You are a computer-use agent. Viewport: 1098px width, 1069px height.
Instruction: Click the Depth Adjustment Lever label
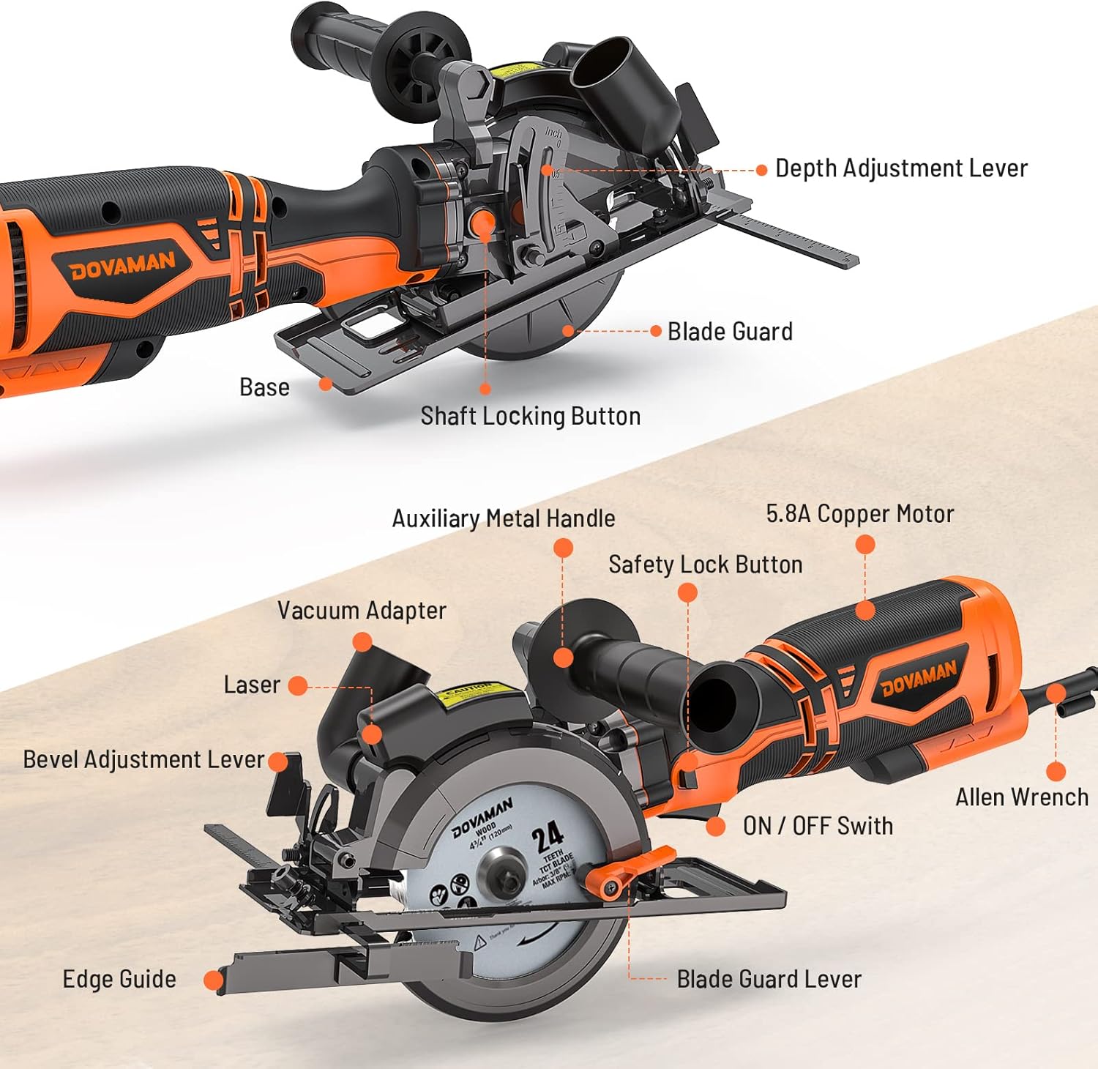(901, 168)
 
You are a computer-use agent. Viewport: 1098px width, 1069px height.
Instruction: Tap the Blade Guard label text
(730, 332)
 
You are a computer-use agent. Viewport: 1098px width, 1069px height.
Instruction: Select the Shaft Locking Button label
(530, 416)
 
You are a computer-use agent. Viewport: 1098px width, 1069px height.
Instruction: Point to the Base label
(264, 387)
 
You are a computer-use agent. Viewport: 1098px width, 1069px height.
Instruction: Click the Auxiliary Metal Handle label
(503, 518)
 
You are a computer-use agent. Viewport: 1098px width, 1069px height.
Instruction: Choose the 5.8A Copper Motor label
(860, 514)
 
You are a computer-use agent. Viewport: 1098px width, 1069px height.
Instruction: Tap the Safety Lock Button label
(705, 565)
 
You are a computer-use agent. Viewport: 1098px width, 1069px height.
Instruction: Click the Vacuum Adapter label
(362, 611)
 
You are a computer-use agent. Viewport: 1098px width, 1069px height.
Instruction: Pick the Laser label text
(252, 685)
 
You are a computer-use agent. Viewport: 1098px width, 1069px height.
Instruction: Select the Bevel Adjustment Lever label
(143, 759)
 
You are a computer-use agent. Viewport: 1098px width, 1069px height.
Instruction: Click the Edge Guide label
(119, 980)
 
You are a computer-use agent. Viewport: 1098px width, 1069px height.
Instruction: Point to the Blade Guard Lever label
(769, 980)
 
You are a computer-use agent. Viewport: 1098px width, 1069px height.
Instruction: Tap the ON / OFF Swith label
(818, 826)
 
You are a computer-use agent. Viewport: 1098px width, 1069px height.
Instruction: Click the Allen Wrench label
(1022, 797)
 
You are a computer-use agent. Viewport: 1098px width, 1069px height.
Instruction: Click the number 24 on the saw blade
(547, 836)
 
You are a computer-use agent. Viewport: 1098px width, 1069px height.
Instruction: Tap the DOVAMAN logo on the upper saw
(122, 266)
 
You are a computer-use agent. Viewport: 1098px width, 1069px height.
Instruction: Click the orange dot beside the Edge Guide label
(213, 980)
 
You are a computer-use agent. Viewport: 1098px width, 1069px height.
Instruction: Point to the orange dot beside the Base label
(326, 384)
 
